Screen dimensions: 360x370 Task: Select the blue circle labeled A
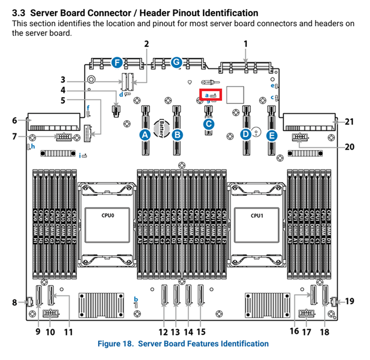[145, 135]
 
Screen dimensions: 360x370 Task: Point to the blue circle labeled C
[209, 124]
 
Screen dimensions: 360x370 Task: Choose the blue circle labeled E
[272, 135]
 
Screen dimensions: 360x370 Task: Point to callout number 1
[246, 43]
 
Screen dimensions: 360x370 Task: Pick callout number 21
[349, 122]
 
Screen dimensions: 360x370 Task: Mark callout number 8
[15, 303]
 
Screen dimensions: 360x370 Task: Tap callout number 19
[349, 301]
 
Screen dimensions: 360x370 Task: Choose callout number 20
[349, 146]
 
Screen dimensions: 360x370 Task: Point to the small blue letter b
[136, 298]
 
